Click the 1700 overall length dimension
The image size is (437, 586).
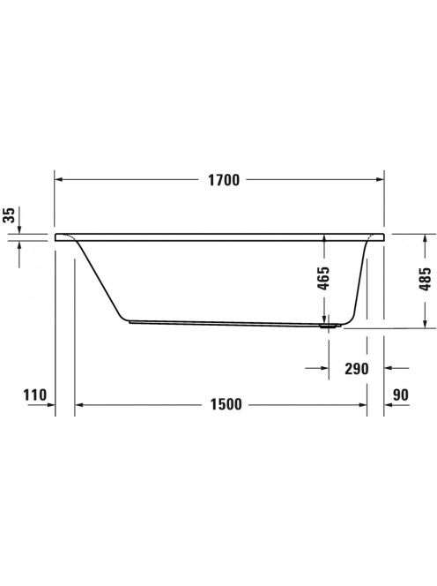tap(224, 180)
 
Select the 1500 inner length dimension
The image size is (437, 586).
tap(226, 404)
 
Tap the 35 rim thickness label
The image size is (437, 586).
tap(10, 214)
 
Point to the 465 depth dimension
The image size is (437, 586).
tap(323, 278)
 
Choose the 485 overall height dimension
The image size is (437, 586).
tap(425, 279)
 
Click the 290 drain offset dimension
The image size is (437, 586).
tap(357, 369)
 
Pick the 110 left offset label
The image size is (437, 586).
tap(35, 394)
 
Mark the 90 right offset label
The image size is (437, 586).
tap(401, 394)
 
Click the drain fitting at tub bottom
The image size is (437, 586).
tap(330, 327)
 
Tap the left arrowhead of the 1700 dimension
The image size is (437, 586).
tap(59, 180)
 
